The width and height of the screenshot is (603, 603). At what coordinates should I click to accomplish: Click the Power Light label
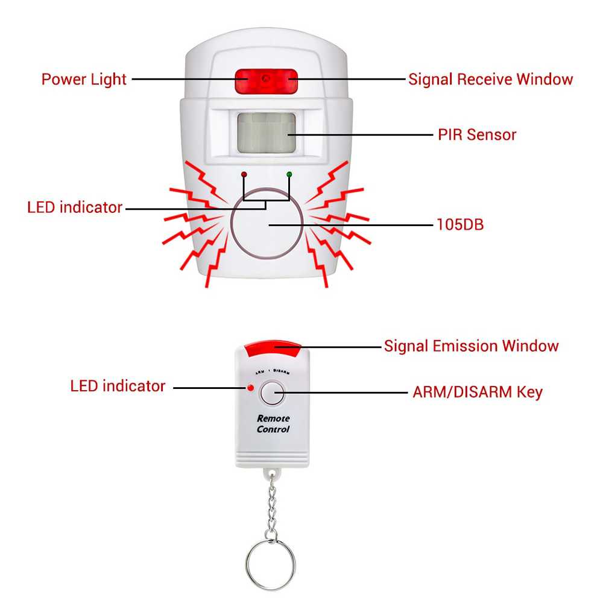click(x=84, y=79)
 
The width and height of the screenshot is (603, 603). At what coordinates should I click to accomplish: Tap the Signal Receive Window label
click(x=490, y=79)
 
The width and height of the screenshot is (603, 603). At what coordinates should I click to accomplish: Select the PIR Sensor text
click(x=477, y=134)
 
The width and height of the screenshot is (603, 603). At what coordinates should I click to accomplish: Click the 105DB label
click(x=459, y=225)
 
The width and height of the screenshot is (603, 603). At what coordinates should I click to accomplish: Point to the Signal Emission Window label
click(x=471, y=346)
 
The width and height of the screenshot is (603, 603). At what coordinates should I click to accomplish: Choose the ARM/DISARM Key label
click(x=478, y=392)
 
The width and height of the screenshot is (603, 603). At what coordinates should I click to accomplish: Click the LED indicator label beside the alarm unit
click(x=75, y=207)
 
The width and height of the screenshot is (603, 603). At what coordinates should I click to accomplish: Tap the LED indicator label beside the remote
click(x=118, y=386)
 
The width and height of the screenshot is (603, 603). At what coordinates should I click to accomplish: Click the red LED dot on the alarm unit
click(x=244, y=174)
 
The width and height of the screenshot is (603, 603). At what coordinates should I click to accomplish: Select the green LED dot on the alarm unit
click(x=289, y=174)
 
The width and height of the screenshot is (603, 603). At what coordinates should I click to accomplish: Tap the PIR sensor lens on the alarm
click(x=266, y=132)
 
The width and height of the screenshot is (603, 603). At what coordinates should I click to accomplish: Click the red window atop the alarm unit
click(x=266, y=80)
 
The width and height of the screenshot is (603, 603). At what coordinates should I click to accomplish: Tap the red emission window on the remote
click(x=273, y=347)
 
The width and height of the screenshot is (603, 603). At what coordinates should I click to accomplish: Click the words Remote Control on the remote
click(x=273, y=424)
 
